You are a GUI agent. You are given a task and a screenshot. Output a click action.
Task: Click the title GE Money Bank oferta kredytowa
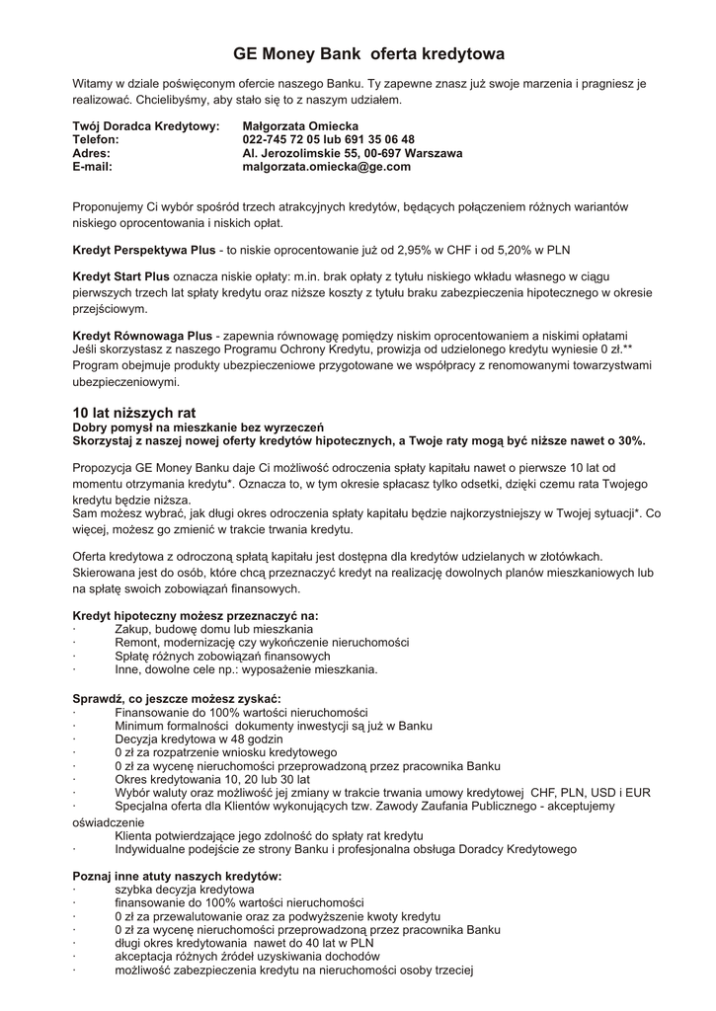(368, 53)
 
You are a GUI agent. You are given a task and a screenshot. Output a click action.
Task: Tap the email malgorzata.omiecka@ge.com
(326, 167)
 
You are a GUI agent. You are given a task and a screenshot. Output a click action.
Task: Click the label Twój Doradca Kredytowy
(146, 126)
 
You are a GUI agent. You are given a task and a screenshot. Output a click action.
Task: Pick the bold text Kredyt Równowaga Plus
(142, 336)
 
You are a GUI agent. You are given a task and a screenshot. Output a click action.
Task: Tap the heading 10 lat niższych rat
(134, 412)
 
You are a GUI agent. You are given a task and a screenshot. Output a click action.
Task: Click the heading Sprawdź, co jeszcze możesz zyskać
(177, 699)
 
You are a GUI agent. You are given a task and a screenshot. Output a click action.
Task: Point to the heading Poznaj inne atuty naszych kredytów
(178, 876)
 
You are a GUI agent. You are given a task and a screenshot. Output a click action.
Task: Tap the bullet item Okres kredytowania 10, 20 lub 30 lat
(211, 779)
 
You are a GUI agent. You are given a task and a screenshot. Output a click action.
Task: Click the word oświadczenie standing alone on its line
(108, 821)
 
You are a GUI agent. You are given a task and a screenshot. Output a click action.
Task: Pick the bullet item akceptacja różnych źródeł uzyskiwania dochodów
(247, 957)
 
